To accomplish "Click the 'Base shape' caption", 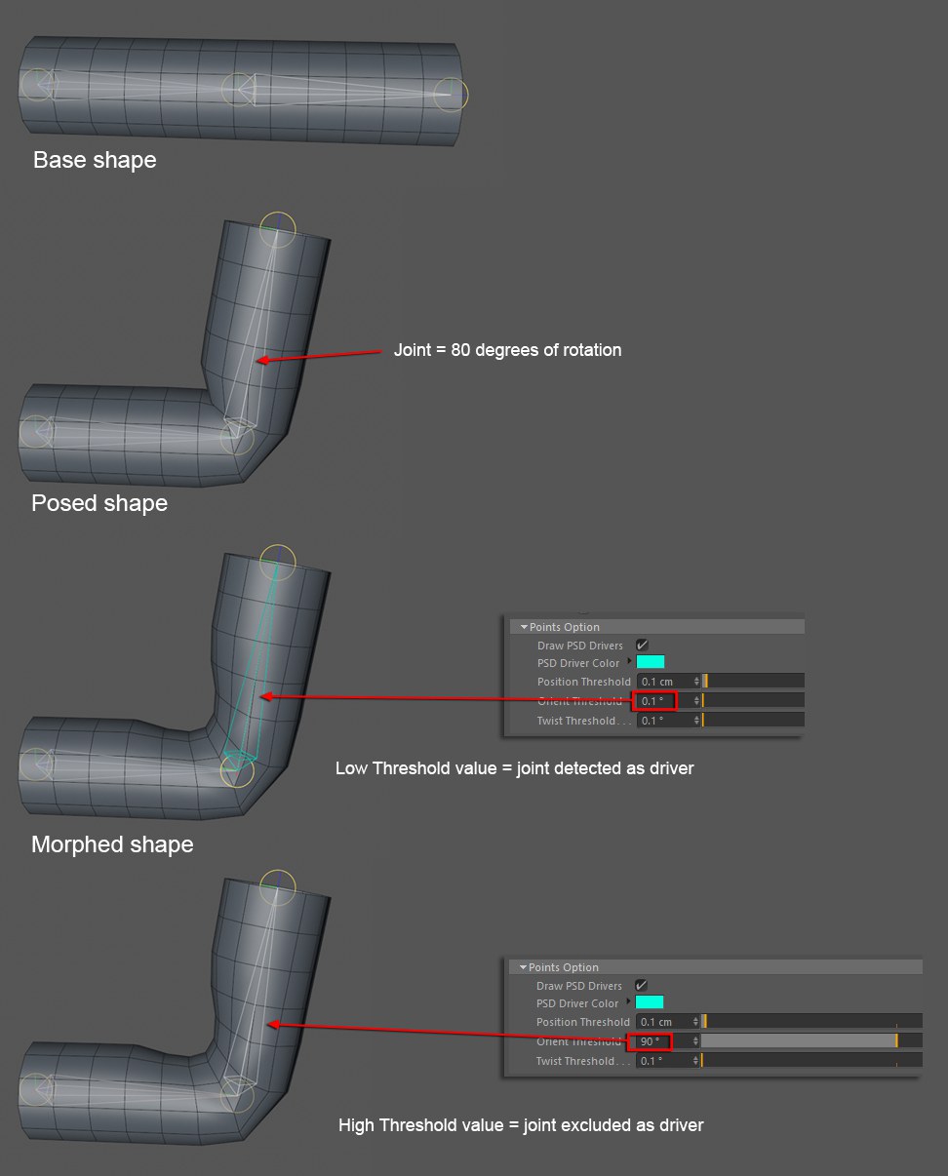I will point(95,160).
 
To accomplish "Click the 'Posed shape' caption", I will point(99,503).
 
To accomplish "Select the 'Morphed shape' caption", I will point(112,844).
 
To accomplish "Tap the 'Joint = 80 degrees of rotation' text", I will point(507,349).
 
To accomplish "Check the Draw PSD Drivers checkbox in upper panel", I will point(642,646).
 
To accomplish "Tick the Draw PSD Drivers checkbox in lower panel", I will point(641,986).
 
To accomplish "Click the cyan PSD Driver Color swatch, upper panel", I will point(651,662).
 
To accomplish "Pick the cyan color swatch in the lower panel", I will point(650,1002).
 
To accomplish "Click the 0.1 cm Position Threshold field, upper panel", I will point(665,682).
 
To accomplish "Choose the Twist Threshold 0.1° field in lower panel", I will point(664,1061).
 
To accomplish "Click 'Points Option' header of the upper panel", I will point(565,627).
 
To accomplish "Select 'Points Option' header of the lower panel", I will point(564,967).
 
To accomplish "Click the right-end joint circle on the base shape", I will point(452,94).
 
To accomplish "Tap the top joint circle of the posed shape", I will point(278,229).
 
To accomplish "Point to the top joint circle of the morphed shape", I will point(278,562).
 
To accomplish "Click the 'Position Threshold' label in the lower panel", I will point(582,1022).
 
